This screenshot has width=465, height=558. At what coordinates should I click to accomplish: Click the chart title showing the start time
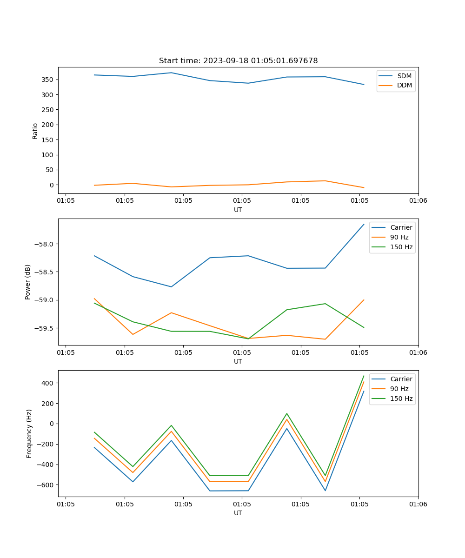point(238,61)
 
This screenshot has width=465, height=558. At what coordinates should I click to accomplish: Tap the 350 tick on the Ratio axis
point(48,80)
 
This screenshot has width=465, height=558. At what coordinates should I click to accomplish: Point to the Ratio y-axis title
point(35,131)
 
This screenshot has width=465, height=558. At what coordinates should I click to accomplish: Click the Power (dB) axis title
point(28,282)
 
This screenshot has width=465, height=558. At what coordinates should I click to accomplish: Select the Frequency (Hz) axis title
point(29,433)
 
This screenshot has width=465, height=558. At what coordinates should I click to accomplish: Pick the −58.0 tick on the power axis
point(45,244)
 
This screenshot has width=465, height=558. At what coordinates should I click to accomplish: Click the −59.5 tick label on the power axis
point(45,328)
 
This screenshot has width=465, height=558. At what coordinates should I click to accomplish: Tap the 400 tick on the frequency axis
point(48,383)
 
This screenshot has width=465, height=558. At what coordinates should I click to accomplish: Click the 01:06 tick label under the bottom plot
point(418,504)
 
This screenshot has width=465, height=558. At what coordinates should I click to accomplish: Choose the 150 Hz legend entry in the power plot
point(401,247)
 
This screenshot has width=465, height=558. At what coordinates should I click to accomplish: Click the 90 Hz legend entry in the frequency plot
point(399,389)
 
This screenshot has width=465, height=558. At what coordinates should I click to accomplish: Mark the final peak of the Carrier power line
point(364,224)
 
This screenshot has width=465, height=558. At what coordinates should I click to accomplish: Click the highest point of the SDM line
point(171,73)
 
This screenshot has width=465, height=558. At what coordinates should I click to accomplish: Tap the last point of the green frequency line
point(364,376)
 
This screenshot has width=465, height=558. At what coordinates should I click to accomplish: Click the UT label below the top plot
point(238,210)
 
